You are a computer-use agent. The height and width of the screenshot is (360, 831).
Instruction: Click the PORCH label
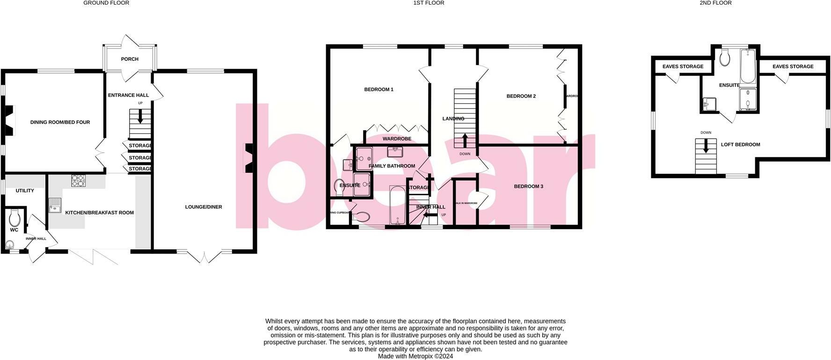pos(130,59)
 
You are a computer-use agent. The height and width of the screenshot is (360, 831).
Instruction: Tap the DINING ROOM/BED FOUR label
pos(60,122)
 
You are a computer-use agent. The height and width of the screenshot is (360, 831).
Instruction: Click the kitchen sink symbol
pos(55,205)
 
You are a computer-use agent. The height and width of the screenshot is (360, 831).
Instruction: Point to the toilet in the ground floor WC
pos(15,218)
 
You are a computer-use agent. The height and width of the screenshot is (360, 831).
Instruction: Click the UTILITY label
pos(25,191)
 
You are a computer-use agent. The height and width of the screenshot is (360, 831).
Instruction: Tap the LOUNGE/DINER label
pos(204,207)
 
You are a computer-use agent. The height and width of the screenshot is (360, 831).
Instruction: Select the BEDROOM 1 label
pos(379,89)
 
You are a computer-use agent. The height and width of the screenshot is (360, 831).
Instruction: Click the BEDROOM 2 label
pos(521,96)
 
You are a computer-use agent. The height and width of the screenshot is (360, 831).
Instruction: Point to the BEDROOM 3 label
pos(528,186)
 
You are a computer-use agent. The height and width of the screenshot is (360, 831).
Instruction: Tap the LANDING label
pos(453,118)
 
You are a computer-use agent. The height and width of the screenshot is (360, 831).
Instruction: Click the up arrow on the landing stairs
pos(465,140)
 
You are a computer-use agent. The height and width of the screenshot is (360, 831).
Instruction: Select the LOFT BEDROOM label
pos(740,145)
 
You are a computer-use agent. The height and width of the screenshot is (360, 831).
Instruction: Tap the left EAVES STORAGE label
pos(683,66)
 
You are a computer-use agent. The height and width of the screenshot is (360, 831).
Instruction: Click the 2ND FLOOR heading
pos(715,3)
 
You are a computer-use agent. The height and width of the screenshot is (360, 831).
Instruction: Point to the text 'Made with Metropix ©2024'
pos(415,356)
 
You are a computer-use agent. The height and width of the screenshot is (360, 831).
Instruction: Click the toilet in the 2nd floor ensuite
pos(725,59)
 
